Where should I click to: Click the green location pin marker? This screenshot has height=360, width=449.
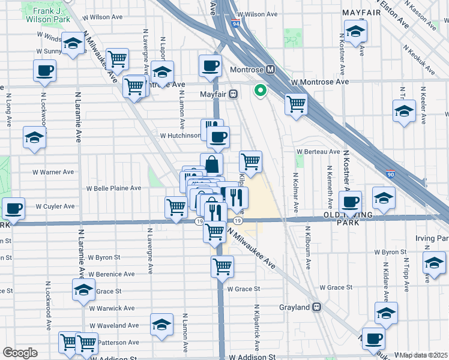click(x=260, y=91)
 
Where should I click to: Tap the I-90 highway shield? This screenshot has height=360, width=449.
click(x=390, y=174)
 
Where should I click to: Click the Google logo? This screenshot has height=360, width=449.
click(x=20, y=352)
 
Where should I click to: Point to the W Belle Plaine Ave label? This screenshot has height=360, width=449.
click(x=113, y=188)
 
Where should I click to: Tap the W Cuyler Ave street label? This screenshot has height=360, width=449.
click(x=55, y=206)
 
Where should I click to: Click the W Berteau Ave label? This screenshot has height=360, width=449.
click(x=318, y=152)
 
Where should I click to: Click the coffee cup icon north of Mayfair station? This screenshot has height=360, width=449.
click(x=210, y=66)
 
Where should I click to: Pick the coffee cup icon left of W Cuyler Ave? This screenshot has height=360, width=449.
click(x=13, y=208)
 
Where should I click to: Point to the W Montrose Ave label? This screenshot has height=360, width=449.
click(x=319, y=82)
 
